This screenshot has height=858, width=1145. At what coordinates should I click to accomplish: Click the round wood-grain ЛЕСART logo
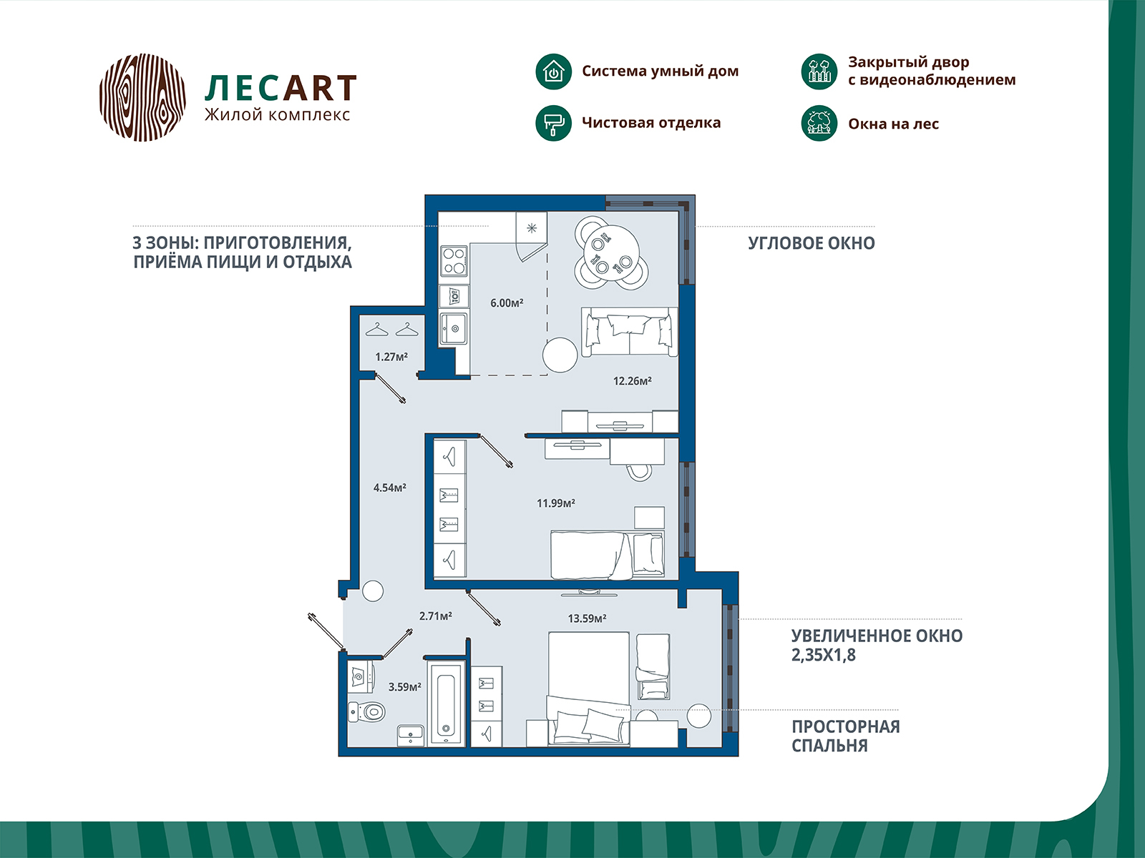click(142, 97)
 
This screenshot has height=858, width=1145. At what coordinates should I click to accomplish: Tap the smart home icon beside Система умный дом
click(553, 71)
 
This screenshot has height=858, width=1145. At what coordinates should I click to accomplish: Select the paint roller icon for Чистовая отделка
click(553, 123)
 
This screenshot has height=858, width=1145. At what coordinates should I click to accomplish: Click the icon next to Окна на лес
click(819, 123)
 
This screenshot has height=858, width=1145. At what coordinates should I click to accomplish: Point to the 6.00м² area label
click(507, 303)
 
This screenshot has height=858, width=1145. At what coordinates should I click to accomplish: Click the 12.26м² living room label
click(632, 381)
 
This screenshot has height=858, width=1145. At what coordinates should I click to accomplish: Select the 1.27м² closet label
click(391, 357)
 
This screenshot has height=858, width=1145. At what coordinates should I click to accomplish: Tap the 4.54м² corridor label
click(389, 488)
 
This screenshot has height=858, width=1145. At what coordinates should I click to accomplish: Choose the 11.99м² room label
click(556, 503)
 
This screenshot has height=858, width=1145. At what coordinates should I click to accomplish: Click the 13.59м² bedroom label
click(587, 618)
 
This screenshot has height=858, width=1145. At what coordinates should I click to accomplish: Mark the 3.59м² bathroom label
click(404, 687)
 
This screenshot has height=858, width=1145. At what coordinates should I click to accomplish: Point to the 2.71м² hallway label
click(435, 616)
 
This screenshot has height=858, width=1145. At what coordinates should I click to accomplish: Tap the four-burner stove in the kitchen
click(454, 260)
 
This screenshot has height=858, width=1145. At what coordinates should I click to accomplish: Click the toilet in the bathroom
click(368, 712)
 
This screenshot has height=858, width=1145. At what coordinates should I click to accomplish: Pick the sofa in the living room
click(630, 331)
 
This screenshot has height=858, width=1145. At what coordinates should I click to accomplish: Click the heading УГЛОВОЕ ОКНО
click(811, 243)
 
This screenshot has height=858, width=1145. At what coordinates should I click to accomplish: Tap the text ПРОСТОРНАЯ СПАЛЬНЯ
click(844, 736)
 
